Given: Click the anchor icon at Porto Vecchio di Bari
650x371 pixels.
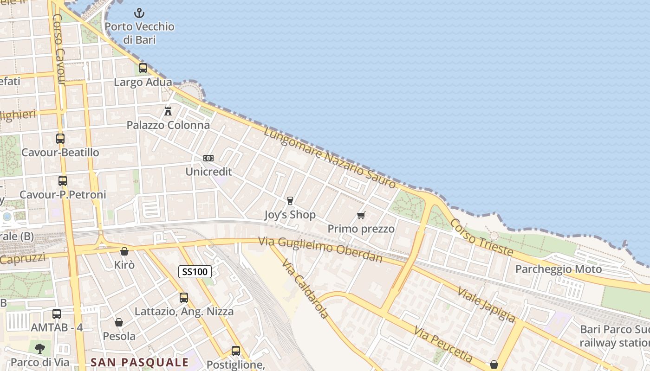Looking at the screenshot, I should coord(139,13).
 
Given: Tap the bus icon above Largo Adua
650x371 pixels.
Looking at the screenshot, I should coord(143,68).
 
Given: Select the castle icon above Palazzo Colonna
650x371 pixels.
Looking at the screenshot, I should coord(168,111).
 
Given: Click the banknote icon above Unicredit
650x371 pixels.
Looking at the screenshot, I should coord(208,158).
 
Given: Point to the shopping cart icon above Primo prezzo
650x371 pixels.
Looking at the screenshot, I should coord(361,215).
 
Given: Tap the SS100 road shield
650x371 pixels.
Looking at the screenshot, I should coord(195,271).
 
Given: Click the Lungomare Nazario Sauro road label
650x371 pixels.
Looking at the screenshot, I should coord(330,158).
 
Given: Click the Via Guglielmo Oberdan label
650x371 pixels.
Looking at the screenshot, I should coord(320,249).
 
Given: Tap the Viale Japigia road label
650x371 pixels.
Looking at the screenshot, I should coord(486,304).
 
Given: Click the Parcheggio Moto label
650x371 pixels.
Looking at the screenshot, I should coord(559,269).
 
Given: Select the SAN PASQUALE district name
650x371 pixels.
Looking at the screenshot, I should coord(140,362).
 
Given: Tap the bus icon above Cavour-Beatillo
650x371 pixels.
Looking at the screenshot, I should coord(60,138).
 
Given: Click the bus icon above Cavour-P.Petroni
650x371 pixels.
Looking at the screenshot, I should coord(63,181).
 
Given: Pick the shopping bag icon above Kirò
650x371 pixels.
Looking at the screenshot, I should coord(124,251).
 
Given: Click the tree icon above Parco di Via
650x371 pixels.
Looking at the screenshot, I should coord(40,348).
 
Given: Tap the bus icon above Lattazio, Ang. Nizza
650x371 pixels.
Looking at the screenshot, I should coord(184,298).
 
